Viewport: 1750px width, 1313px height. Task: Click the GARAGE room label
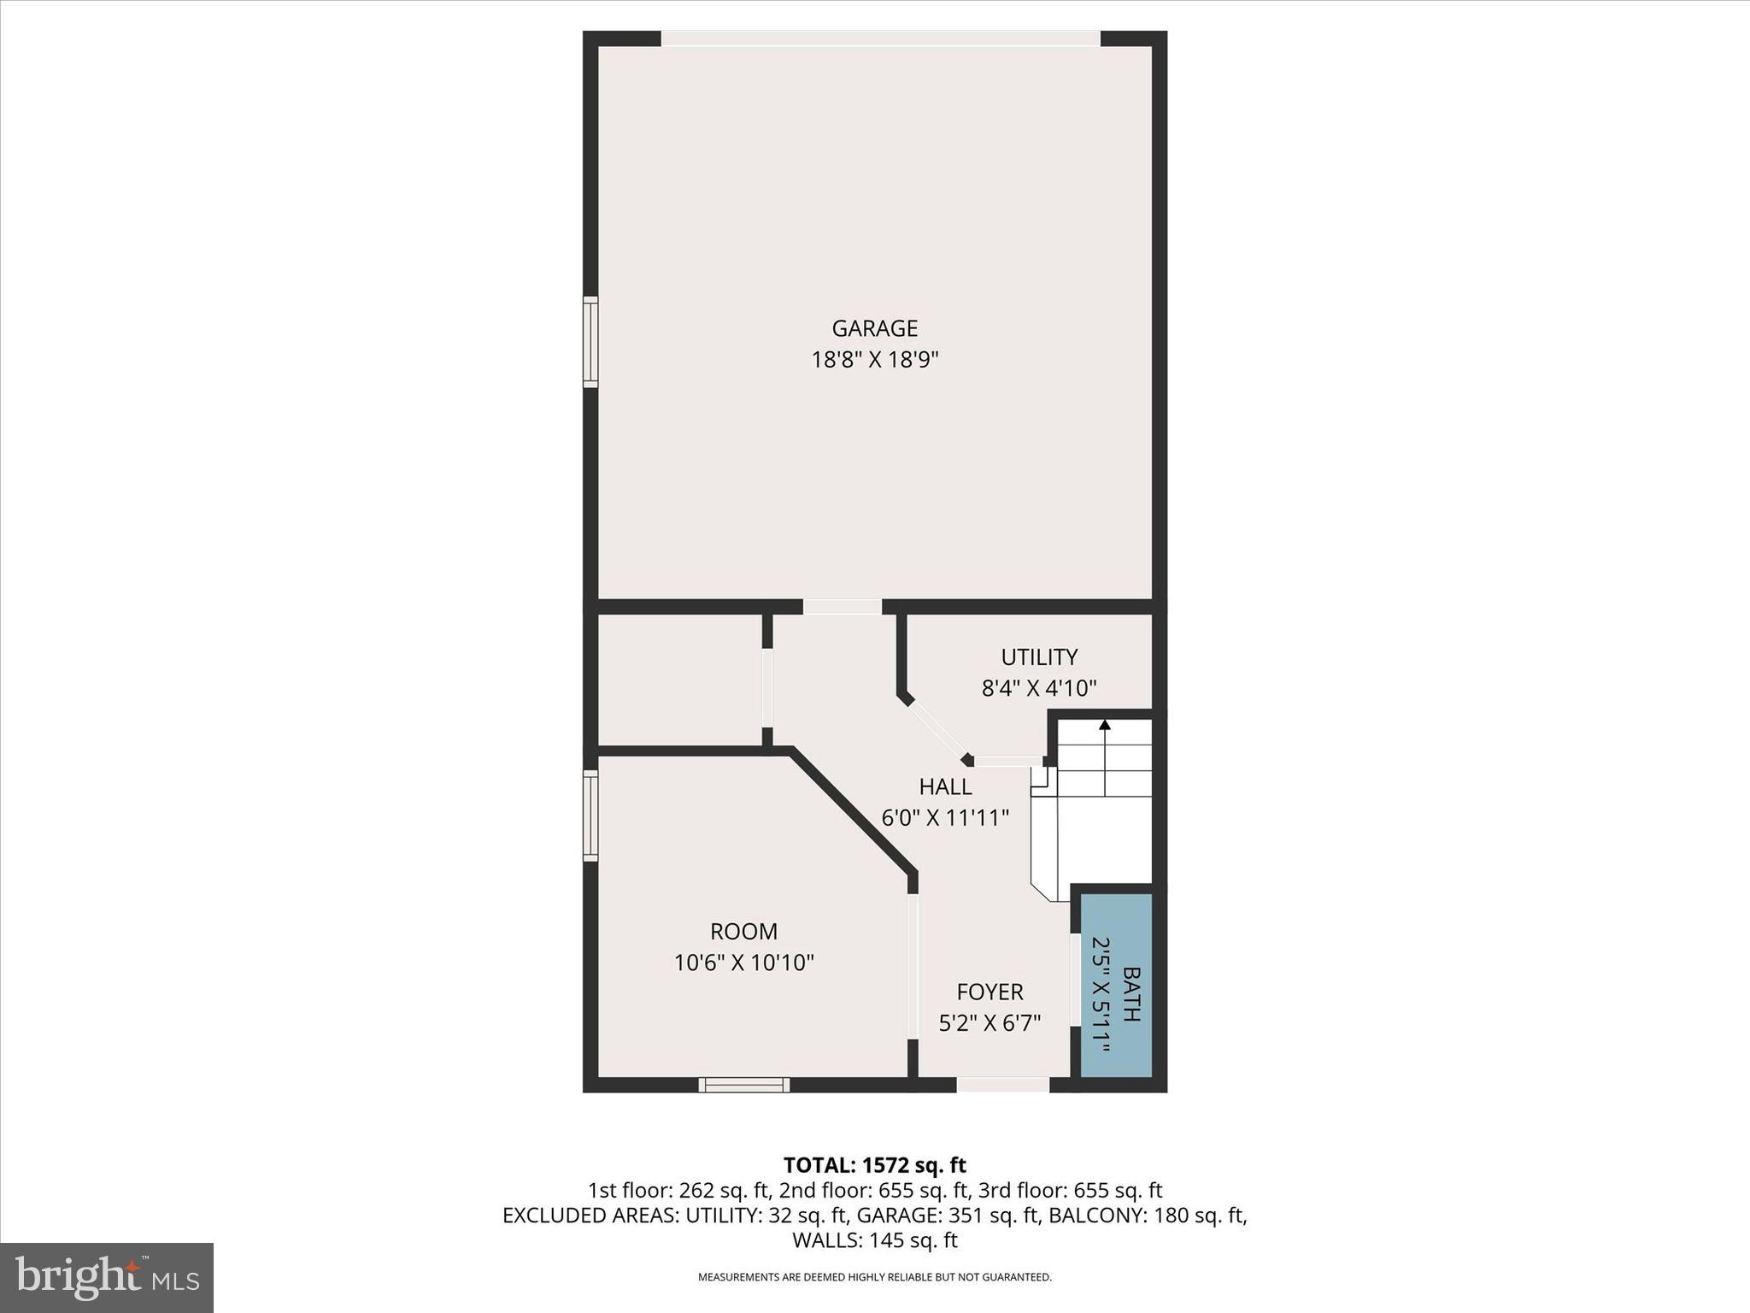pyautogui.click(x=874, y=328)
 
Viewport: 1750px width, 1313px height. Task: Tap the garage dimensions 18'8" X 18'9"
pyautogui.click(x=874, y=360)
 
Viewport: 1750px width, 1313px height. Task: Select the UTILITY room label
pyautogui.click(x=1039, y=656)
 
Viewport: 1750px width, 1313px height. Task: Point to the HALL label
pyautogui.click(x=945, y=786)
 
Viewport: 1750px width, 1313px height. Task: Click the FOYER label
pyautogui.click(x=990, y=992)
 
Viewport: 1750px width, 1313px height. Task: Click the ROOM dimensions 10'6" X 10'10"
pyautogui.click(x=743, y=963)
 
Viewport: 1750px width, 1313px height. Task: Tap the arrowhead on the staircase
pyautogui.click(x=1105, y=725)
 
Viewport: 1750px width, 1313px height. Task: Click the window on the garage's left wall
pyautogui.click(x=590, y=342)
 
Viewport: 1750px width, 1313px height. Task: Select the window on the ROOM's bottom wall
pyautogui.click(x=743, y=1085)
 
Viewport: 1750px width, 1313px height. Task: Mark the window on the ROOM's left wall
pyautogui.click(x=590, y=815)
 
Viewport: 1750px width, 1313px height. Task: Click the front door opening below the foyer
pyautogui.click(x=1002, y=1085)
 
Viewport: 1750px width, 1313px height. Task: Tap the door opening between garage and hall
pyautogui.click(x=842, y=607)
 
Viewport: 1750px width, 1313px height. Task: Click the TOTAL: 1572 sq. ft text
pyautogui.click(x=874, y=1165)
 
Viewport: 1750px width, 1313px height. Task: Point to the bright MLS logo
pyautogui.click(x=107, y=1277)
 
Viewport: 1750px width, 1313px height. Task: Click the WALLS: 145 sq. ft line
pyautogui.click(x=874, y=1240)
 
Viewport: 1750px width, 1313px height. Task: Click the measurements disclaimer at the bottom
pyautogui.click(x=874, y=1277)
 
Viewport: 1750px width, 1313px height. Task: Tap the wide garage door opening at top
pyautogui.click(x=880, y=38)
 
